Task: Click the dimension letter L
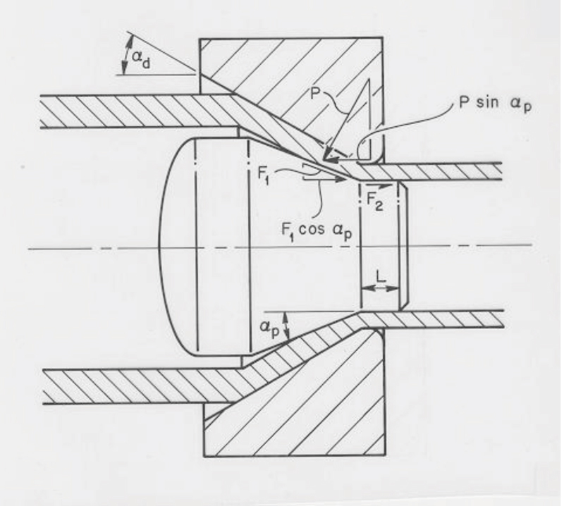[381, 278]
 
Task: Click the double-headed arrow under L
[381, 291]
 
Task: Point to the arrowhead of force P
[326, 159]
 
